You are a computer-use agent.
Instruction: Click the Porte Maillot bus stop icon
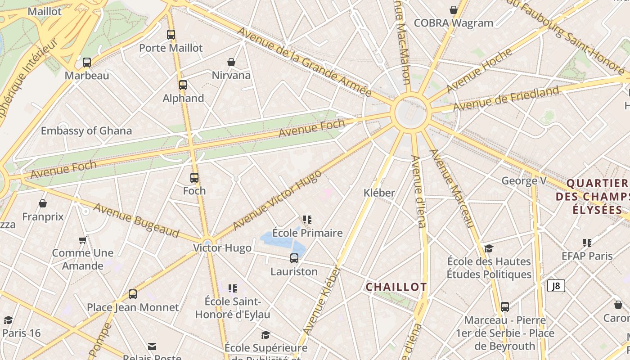(171, 35)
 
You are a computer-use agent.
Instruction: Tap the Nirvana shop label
(231, 75)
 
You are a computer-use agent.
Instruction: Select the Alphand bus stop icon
(183, 85)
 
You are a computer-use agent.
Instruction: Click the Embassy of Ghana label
(86, 131)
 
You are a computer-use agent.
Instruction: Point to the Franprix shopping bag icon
(43, 204)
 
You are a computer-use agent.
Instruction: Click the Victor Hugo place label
(222, 248)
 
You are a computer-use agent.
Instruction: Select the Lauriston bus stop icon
(294, 258)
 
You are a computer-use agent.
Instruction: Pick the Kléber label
(379, 193)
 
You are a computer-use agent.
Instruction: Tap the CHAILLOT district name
(396, 287)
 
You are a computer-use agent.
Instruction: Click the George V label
(524, 181)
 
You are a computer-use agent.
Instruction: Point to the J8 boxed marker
(556, 286)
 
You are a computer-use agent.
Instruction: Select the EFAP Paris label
(587, 256)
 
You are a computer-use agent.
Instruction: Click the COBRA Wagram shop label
(453, 23)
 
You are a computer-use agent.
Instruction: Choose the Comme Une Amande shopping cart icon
(83, 240)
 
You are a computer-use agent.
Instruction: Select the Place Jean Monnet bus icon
(132, 294)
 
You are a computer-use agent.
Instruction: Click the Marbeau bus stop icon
(87, 63)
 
